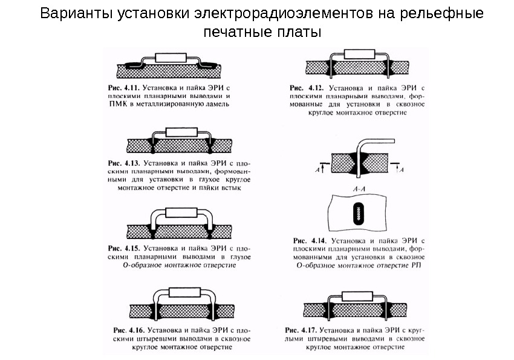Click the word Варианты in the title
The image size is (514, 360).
tap(67, 13)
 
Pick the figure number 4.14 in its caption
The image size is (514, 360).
tap(313, 240)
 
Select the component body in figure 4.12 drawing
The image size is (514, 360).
tap(355, 54)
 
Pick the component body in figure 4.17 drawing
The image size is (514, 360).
tap(356, 296)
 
